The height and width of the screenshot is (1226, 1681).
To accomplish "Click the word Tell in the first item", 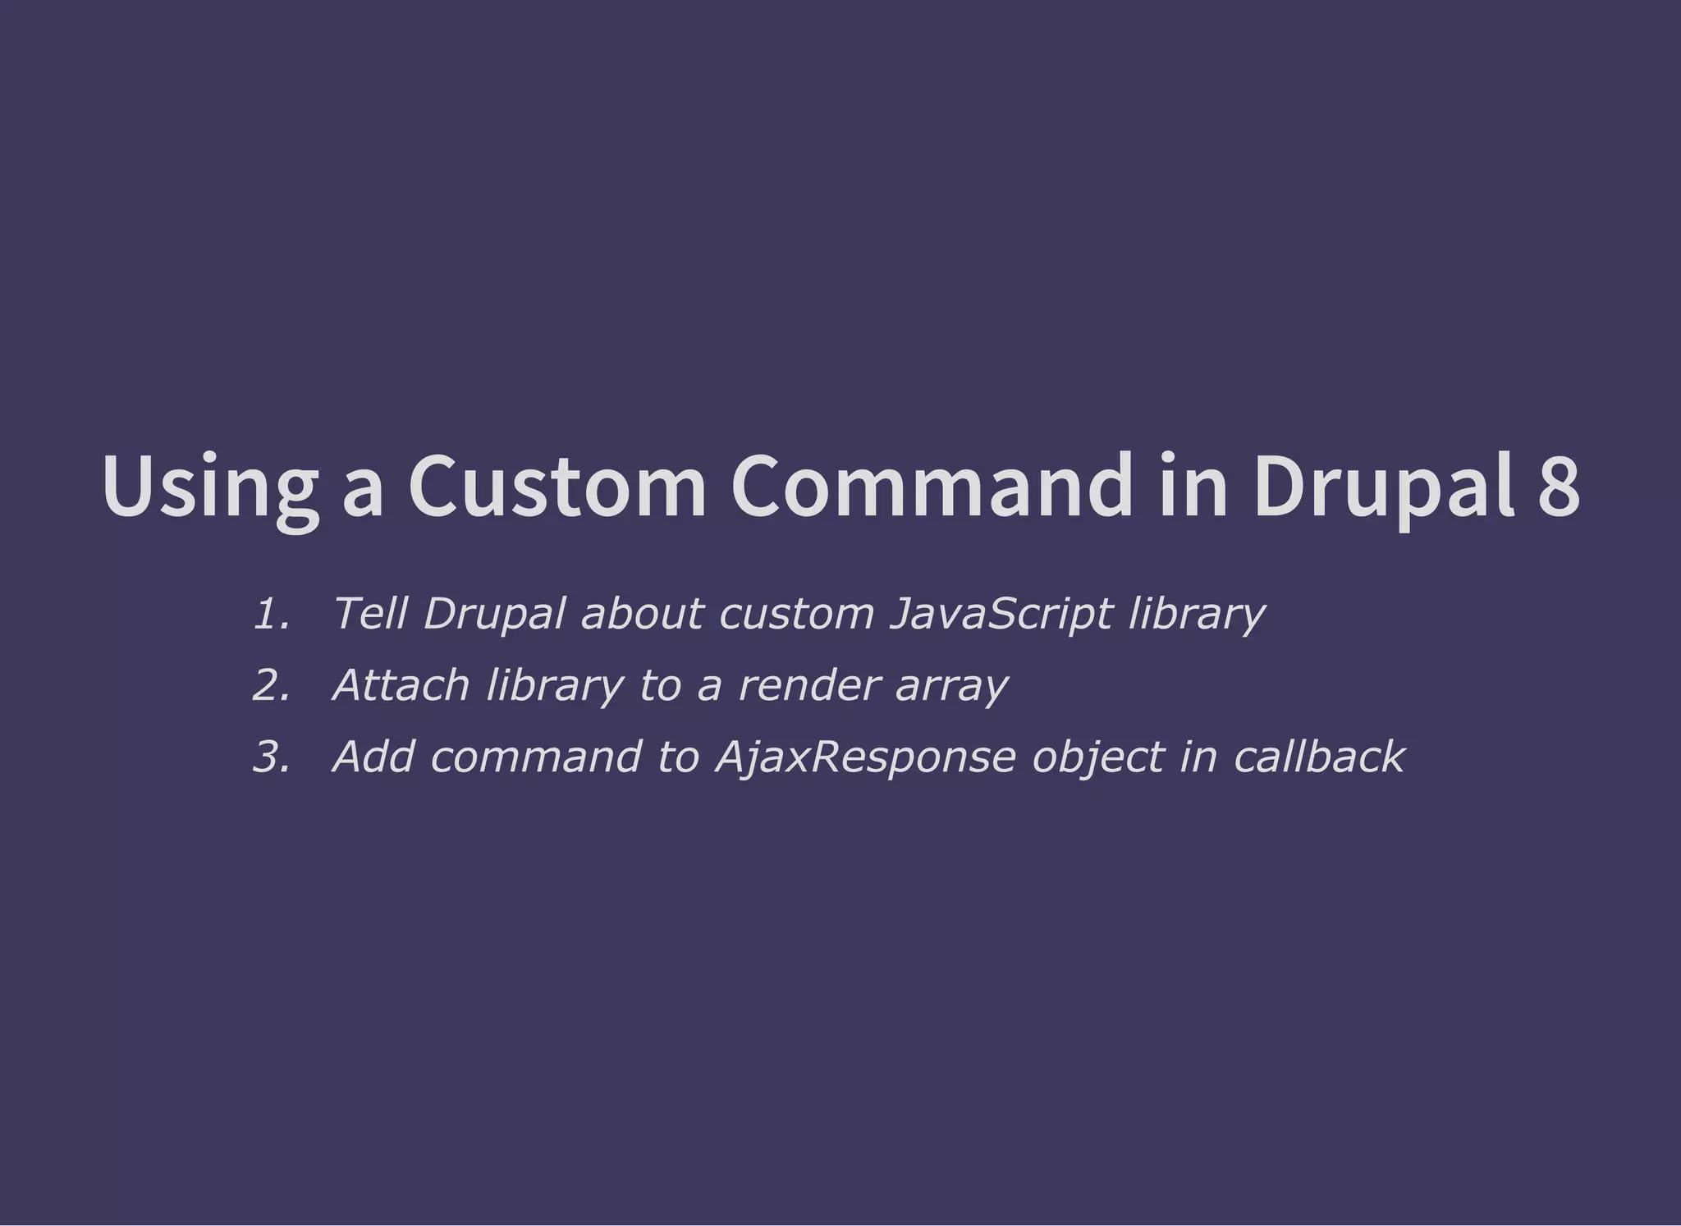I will pyautogui.click(x=369, y=613).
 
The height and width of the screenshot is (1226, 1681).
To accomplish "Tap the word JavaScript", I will pyautogui.click(x=1001, y=614).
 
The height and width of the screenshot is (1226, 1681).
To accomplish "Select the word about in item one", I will pyautogui.click(x=642, y=613).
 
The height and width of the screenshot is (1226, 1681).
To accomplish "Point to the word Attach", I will pyautogui.click(x=401, y=684).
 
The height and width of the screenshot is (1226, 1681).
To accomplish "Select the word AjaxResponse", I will pyautogui.click(x=866, y=757).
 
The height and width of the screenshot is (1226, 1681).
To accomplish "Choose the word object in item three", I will pyautogui.click(x=1098, y=757).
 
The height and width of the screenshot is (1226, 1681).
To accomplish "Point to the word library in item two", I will pyautogui.click(x=555, y=686).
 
